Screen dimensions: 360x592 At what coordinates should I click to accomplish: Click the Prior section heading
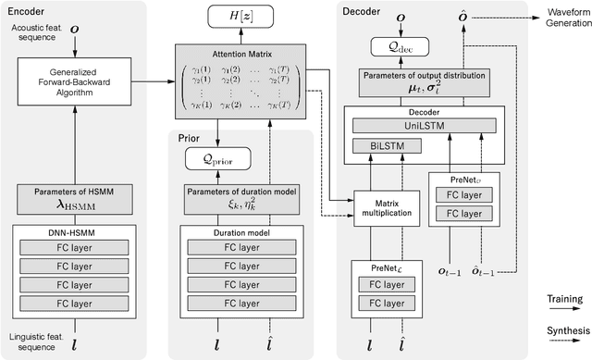click(189, 138)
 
